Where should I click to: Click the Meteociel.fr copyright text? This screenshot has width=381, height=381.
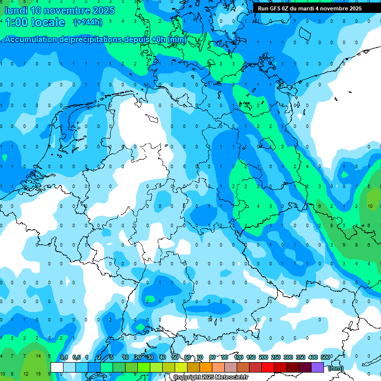click(210, 378)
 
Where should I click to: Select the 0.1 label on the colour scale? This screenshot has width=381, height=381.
click(64, 358)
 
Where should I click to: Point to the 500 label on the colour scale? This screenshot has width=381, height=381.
click(325, 358)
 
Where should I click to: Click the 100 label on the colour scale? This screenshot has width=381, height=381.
click(239, 358)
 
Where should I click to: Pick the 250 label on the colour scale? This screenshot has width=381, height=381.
click(276, 358)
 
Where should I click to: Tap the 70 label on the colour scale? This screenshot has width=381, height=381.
click(200, 358)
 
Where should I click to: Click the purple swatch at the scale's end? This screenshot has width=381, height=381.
click(317, 367)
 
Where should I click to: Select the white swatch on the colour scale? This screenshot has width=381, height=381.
click(57, 367)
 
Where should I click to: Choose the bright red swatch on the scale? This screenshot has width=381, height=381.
click(267, 367)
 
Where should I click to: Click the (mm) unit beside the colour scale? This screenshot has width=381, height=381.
click(336, 368)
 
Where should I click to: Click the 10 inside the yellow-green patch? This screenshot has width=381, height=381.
click(370, 206)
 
